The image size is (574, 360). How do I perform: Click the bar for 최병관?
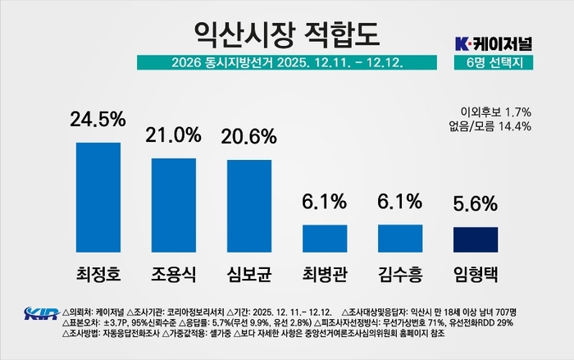click(x=325, y=238)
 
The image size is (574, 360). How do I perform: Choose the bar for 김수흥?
click(x=400, y=238)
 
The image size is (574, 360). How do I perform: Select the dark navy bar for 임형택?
click(x=476, y=239)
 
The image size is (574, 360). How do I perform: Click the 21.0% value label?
click(x=173, y=134)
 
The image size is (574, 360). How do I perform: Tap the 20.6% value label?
click(x=248, y=137)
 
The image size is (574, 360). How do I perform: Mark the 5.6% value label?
click(x=476, y=203)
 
